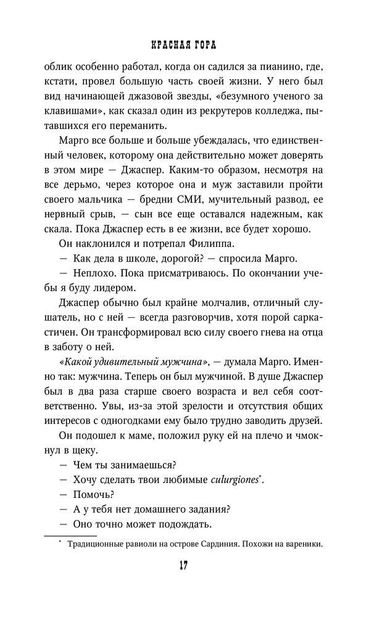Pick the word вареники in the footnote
(303, 544)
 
